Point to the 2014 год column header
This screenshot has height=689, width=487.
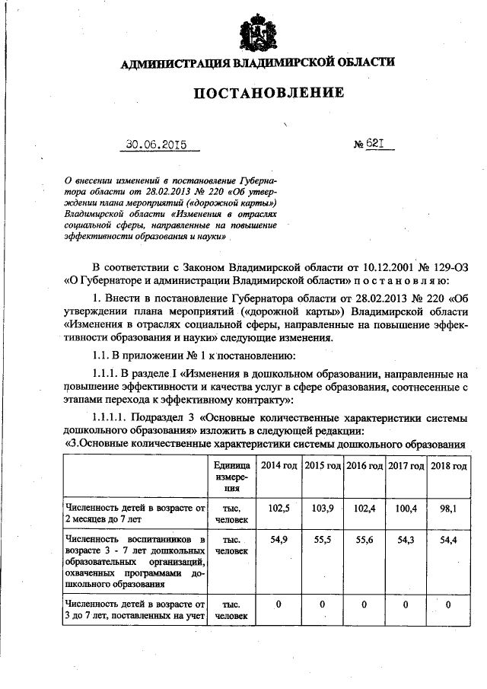(x=279, y=465)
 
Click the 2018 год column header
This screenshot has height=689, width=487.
(x=448, y=465)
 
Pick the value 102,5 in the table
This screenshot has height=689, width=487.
(x=279, y=508)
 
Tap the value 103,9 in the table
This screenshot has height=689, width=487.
(x=322, y=508)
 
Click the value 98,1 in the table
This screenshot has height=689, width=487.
(x=448, y=508)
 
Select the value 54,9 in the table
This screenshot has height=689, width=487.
(x=279, y=539)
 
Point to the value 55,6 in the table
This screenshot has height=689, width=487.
(x=364, y=539)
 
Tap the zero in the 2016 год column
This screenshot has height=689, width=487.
(x=364, y=604)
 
